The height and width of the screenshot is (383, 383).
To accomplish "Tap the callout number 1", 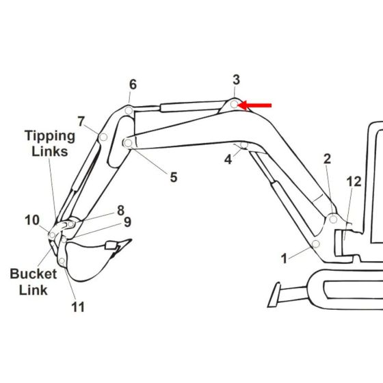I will (284, 259).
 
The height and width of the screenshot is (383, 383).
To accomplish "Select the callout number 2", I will (327, 159).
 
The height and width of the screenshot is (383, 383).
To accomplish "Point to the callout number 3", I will (236, 80).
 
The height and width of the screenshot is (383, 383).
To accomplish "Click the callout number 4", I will (228, 159).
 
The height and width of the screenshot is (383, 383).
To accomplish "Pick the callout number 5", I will (174, 177).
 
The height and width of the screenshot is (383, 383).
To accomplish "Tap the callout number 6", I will (133, 84).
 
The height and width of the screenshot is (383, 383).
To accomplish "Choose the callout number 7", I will (81, 122).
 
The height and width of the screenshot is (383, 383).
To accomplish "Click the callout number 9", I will (127, 222).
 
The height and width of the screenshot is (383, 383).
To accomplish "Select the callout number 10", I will (32, 220).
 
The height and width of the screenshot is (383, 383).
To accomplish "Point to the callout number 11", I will (78, 307).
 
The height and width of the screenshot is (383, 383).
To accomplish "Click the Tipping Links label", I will (46, 142).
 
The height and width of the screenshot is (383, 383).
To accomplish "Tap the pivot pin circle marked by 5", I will (127, 143).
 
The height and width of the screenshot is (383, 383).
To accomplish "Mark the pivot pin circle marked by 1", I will (316, 244).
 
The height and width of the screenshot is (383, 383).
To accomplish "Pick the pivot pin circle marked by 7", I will (103, 137).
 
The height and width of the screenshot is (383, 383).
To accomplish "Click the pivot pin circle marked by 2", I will (333, 220).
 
